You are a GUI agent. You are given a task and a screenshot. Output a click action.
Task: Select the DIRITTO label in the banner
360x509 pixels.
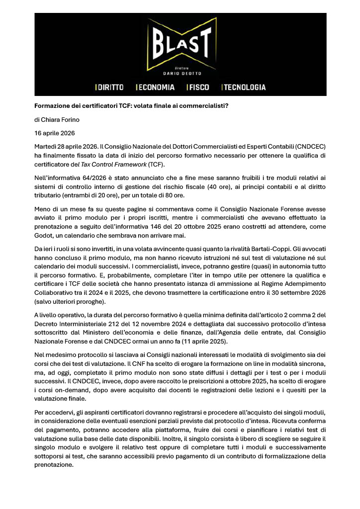pyautogui.click(x=109, y=87)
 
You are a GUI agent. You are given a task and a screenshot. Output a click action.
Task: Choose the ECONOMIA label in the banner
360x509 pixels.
pyautogui.click(x=155, y=87)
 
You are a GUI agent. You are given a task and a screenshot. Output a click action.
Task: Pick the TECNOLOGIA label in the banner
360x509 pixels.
pyautogui.click(x=244, y=87)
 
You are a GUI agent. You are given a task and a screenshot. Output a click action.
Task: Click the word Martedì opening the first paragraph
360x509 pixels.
pyautogui.click(x=45, y=147)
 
